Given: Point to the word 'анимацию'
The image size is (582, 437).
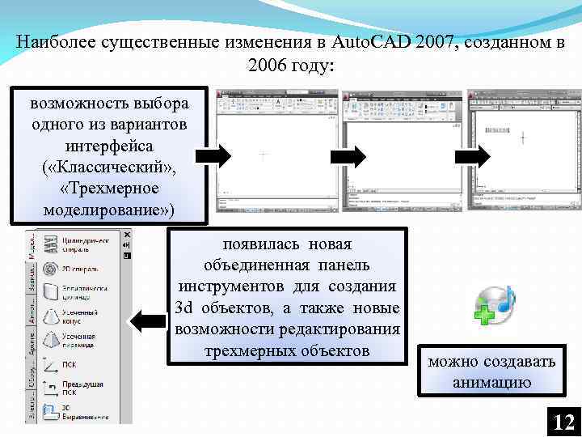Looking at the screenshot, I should (491, 381).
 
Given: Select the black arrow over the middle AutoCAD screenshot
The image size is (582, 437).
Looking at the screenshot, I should (351, 155).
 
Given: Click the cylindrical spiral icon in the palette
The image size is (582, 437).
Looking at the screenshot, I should (50, 244).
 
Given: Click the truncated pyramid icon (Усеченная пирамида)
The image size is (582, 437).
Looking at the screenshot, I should (50, 340).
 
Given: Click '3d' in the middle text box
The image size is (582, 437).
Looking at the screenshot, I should (185, 308).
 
